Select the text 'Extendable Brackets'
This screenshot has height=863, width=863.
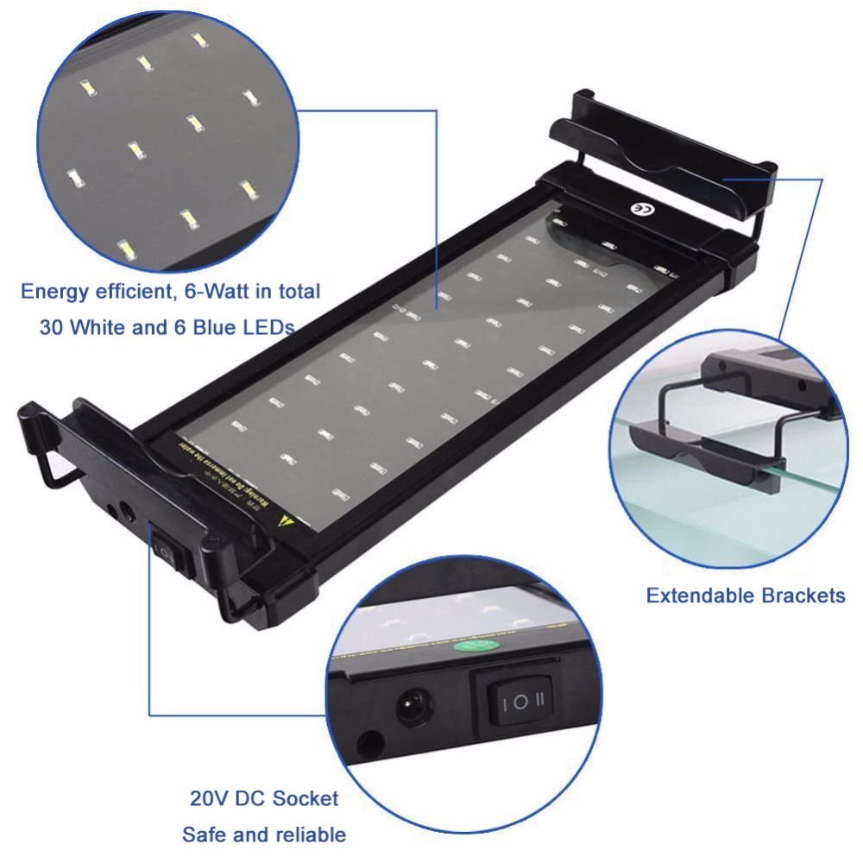pos(746,595)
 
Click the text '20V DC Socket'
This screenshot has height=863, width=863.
pos(264,798)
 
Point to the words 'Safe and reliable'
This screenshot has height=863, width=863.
pos(264,835)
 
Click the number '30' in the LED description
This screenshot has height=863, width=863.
pos(54,328)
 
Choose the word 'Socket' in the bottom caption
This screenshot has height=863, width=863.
pos(306,798)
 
